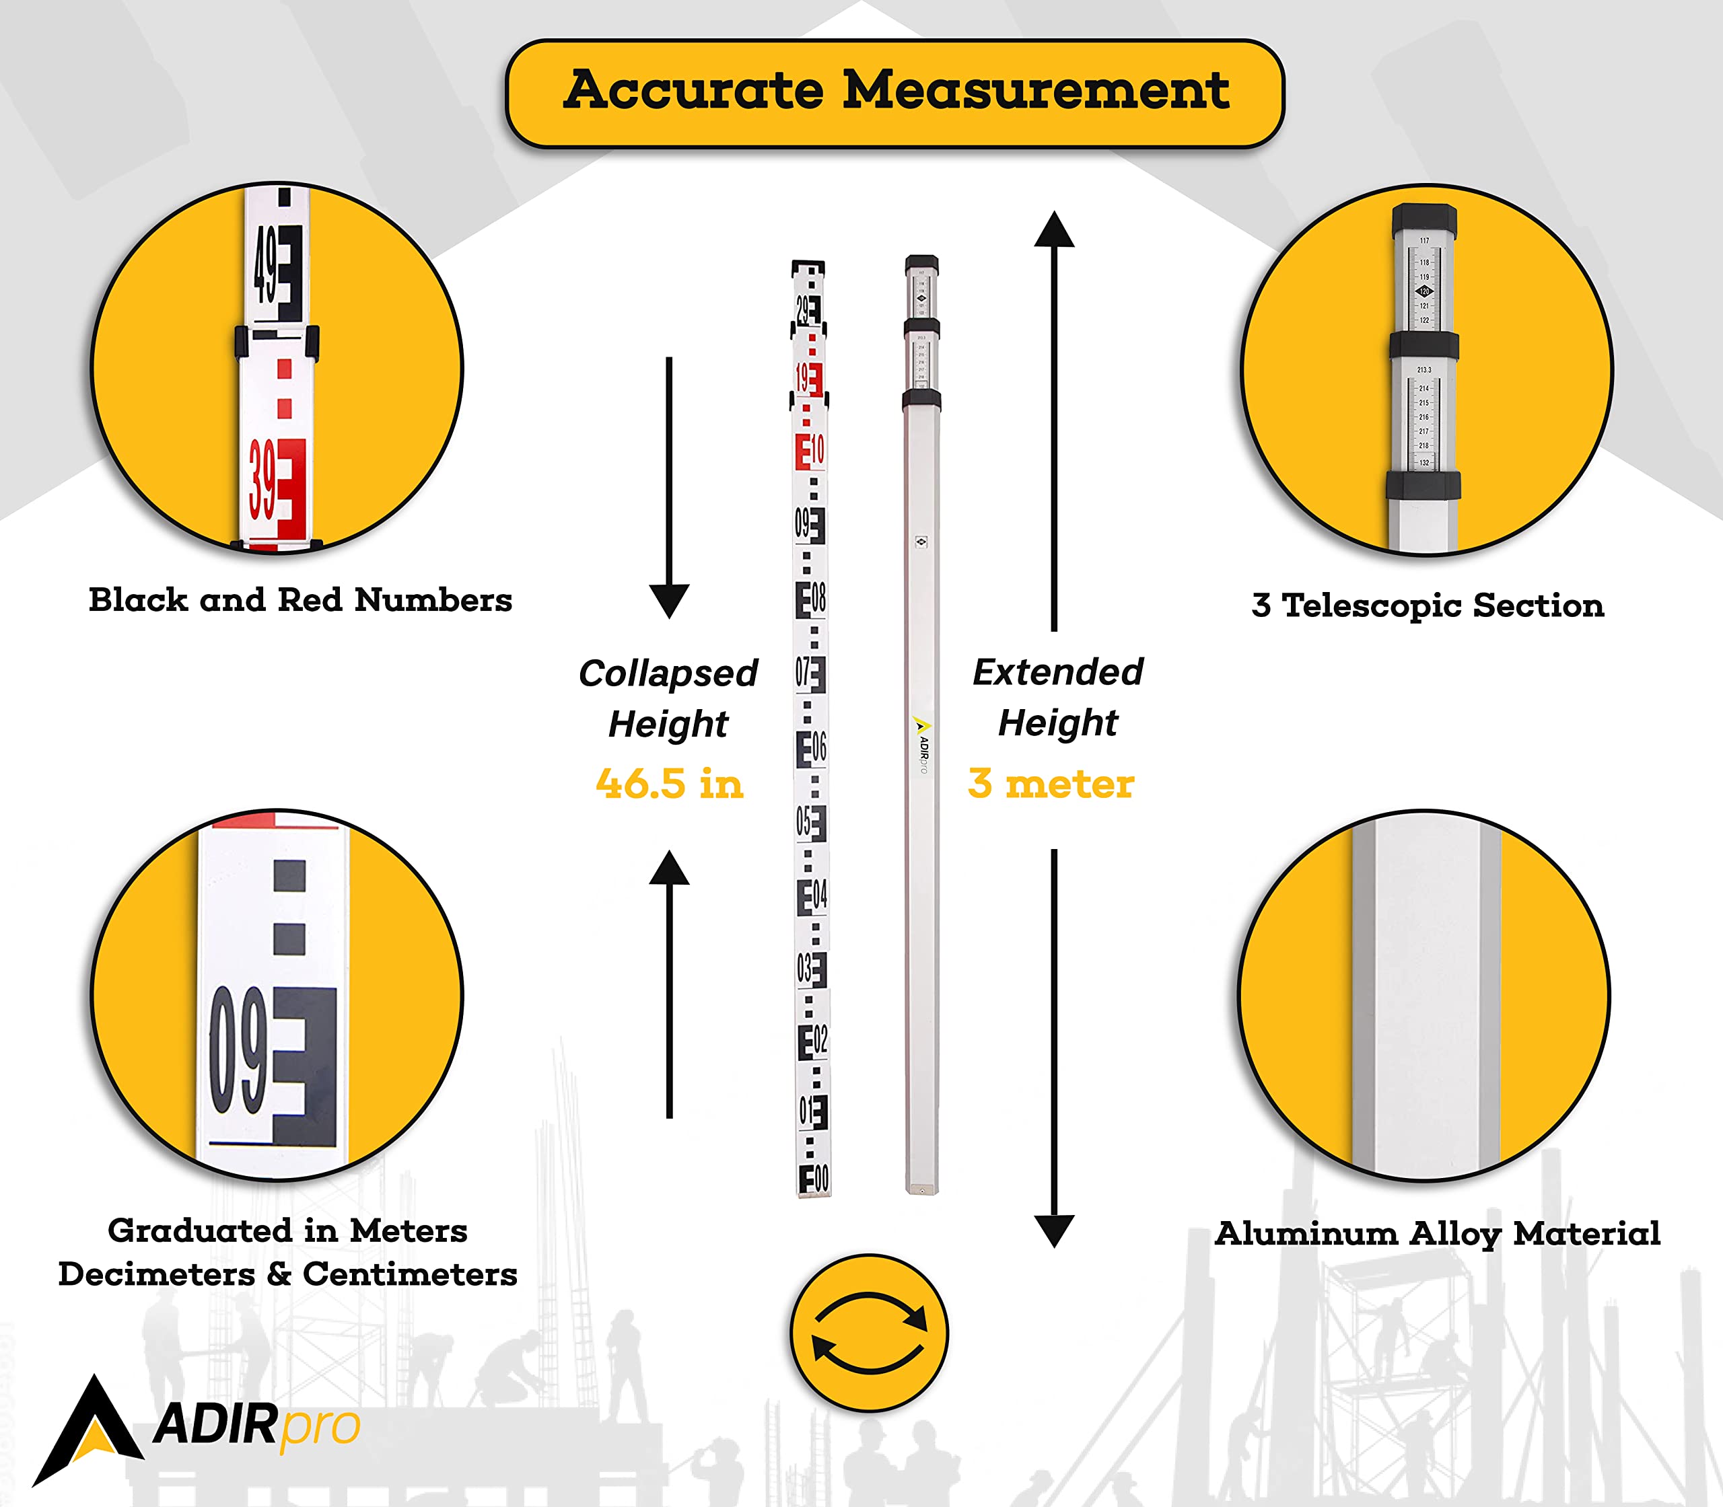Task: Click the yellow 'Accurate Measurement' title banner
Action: pos(894,93)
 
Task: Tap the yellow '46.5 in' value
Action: pos(670,784)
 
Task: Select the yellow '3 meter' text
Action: pos(1051,784)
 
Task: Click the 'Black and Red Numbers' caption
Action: pos(300,600)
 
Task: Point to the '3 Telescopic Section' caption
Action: pos(1428,605)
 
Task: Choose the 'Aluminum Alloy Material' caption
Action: pos(1438,1234)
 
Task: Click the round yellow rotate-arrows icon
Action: pos(869,1333)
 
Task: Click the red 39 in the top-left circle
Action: pos(264,482)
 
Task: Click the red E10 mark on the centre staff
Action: pos(810,451)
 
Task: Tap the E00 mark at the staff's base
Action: pos(814,1179)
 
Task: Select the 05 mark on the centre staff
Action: pos(811,821)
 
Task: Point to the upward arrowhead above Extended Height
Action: pos(1054,229)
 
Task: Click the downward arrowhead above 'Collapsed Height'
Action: pos(670,600)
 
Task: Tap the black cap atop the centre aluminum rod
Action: pos(921,265)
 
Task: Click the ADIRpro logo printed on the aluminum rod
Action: pos(922,743)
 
